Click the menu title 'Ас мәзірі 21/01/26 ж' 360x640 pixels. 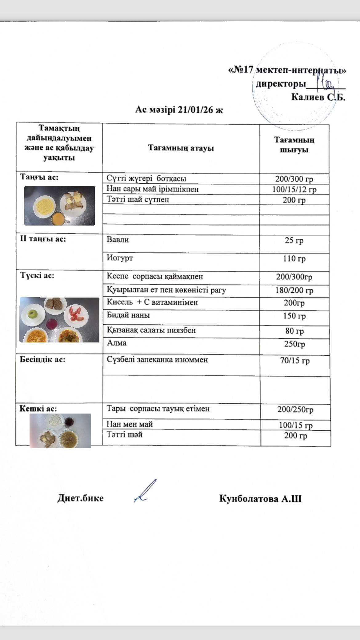tap(179, 110)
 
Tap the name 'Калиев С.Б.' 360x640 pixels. tap(318, 97)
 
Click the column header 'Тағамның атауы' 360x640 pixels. tap(181, 148)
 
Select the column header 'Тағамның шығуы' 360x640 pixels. tap(294, 145)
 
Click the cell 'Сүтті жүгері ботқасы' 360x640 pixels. tap(146, 178)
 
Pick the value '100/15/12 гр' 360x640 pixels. tap(294, 189)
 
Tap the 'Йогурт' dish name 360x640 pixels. tap(120, 258)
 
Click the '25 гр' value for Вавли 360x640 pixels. tap(294, 240)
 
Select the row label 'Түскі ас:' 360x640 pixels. tap(37, 275)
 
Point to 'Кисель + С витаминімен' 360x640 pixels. tap(152, 302)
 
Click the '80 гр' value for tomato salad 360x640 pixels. tap(294, 331)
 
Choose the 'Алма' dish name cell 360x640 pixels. tap(117, 343)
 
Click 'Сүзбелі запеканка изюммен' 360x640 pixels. tap(157, 359)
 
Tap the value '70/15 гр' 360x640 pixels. tap(294, 361)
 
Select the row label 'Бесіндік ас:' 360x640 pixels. tap(42, 359)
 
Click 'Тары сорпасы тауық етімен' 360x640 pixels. tap(158, 409)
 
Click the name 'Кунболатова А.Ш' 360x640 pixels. tap(260, 498)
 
